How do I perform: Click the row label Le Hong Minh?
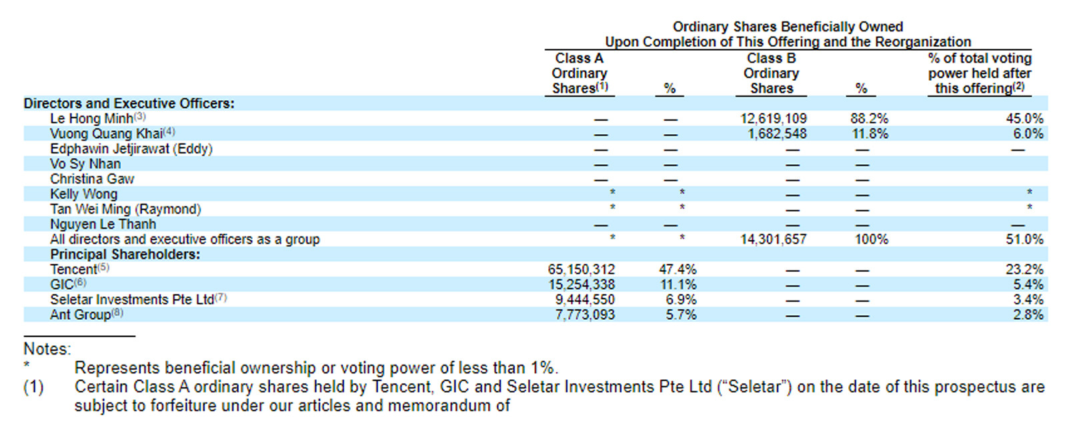coord(91,119)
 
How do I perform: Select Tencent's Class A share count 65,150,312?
coord(581,270)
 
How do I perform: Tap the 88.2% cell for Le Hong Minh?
coord(869,119)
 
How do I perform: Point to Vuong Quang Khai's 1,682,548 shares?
coord(777,134)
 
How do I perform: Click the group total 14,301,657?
coord(773,239)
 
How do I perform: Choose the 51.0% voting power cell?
coord(1024,239)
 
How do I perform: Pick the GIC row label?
coord(61,284)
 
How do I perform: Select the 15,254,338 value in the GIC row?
coord(581,284)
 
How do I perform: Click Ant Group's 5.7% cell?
coord(681,314)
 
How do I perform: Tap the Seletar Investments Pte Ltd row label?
coord(132,300)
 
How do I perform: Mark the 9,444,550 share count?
coord(585,300)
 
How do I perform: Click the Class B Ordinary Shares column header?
coord(771,73)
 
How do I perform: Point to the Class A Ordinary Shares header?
coord(579,73)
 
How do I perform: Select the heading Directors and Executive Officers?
coord(129,103)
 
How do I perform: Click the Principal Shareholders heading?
coord(125,254)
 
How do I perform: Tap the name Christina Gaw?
coord(92,179)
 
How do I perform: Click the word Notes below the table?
coord(47,349)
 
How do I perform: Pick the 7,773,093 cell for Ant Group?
coord(585,314)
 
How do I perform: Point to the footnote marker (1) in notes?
coord(33,387)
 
